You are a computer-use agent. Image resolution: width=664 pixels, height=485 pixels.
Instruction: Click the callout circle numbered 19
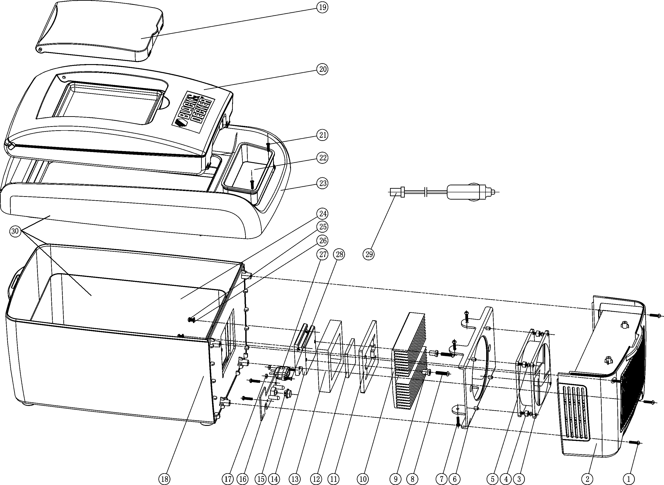point(322,7)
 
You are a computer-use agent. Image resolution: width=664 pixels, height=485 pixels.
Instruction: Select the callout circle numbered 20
point(322,69)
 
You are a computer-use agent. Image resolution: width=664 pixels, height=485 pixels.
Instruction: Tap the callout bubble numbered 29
point(369,254)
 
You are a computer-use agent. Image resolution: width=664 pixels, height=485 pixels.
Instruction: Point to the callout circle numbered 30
point(15,231)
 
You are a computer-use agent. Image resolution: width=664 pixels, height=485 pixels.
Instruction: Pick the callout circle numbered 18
point(164,479)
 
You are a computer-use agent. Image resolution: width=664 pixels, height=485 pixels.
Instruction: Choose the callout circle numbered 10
point(363,479)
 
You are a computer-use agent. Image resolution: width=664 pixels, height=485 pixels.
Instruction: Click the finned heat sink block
point(409,361)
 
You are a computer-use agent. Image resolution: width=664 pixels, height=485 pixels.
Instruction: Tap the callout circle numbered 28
point(339,254)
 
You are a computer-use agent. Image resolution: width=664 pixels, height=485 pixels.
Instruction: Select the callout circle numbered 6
point(455,479)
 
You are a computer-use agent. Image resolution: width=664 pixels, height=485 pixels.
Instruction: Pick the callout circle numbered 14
point(274,479)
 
